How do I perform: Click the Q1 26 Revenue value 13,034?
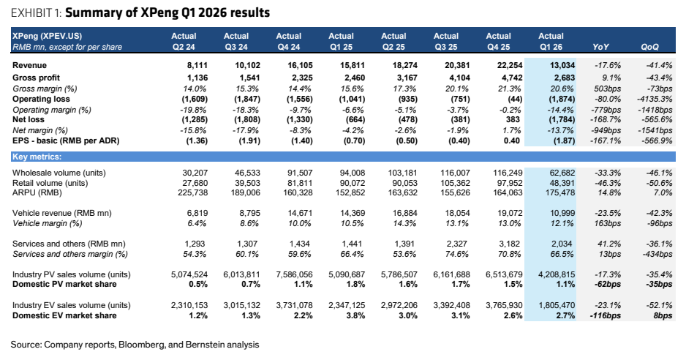pos(562,65)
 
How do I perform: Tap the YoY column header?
pos(600,47)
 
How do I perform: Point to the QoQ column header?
pos(649,47)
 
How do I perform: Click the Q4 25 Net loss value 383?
pos(513,119)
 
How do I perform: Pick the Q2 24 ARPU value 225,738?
pos(193,192)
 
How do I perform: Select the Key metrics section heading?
pos(37,157)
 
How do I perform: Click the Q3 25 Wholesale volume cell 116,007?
pos(455,173)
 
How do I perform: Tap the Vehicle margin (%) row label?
pos(48,223)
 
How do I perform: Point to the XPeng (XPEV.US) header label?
pos(48,36)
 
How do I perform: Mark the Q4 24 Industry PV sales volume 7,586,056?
pos(294,274)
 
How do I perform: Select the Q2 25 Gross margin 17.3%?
pos(407,89)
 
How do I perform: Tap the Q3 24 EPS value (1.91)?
pos(249,141)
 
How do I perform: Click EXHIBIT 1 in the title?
pos(36,13)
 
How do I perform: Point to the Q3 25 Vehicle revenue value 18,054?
pos(457,213)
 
